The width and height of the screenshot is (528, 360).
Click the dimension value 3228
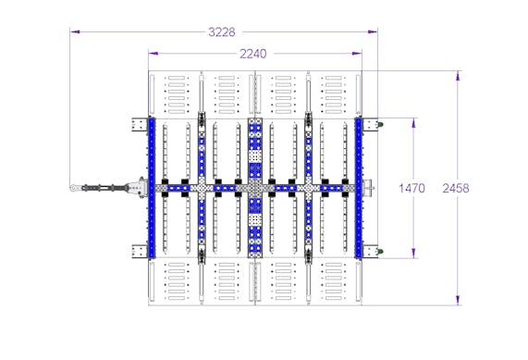coord(222,32)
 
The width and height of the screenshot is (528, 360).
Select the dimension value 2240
coord(252,54)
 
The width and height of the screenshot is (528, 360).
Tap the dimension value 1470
coord(411,188)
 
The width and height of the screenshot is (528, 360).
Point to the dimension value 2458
coord(455,188)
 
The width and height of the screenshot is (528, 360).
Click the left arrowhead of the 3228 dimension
coord(75,32)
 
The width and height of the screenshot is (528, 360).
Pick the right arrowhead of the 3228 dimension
coord(373,32)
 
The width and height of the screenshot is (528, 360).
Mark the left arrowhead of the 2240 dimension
coord(153,54)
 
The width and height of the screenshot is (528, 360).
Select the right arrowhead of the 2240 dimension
coord(357,54)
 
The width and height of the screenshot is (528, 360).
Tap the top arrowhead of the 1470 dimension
coord(413,123)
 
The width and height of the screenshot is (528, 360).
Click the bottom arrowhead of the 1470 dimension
coord(413,254)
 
